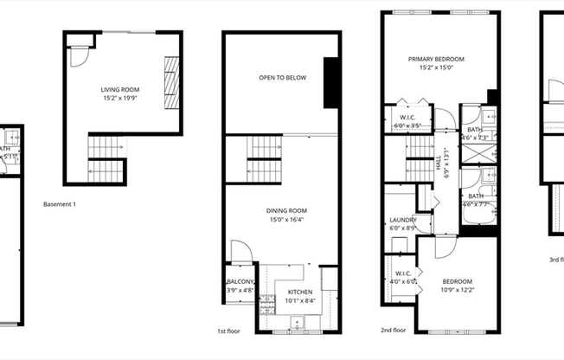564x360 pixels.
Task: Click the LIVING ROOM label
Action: (120, 89)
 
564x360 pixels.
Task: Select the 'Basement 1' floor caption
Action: (60, 204)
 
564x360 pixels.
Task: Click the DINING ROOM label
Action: (286, 210)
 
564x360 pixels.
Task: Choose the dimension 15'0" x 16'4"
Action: (286, 219)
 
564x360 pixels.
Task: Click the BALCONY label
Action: (240, 282)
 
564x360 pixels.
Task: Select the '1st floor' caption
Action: (228, 331)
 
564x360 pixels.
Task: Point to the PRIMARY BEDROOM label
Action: (436, 60)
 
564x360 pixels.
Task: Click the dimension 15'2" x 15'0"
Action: (436, 68)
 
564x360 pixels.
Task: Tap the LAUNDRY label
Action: (403, 220)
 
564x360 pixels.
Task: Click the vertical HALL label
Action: (438, 161)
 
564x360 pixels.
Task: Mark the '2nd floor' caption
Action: (394, 330)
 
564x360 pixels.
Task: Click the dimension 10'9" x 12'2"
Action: (458, 290)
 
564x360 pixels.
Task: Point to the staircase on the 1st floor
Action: (264, 160)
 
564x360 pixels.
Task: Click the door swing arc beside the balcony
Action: (245, 251)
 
